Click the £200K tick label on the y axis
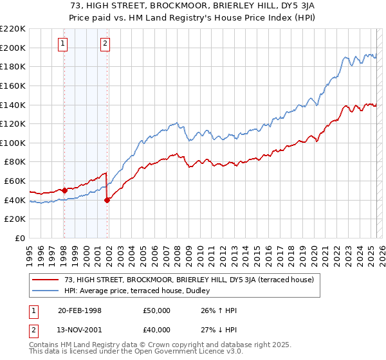click(x=13, y=48)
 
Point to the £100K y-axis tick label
click(x=13, y=143)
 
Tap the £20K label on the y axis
click(x=15, y=219)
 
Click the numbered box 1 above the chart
click(x=63, y=44)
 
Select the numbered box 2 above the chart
click(x=105, y=44)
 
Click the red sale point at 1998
click(x=65, y=190)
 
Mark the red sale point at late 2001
click(x=107, y=200)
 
